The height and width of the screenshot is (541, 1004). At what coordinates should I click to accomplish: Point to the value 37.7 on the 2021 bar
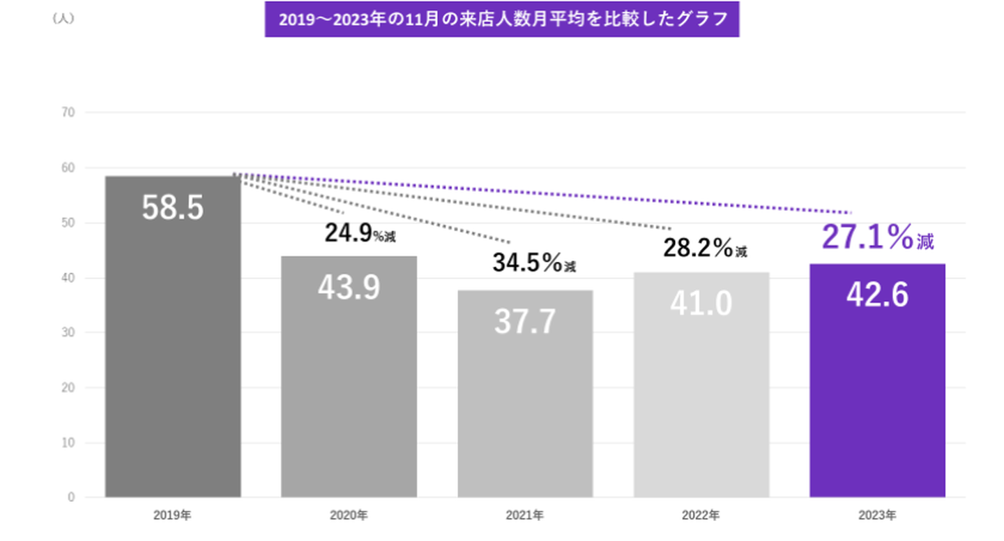(525, 321)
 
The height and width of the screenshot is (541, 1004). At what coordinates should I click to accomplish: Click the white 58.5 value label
(173, 207)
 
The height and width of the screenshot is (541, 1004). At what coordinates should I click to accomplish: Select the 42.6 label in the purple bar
(877, 295)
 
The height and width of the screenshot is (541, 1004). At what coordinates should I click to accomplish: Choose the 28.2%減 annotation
(705, 247)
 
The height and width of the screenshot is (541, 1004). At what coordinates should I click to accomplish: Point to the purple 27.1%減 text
(877, 237)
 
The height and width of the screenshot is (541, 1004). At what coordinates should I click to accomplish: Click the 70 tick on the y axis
(70, 112)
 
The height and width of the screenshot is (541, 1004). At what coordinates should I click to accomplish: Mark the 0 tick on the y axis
(72, 498)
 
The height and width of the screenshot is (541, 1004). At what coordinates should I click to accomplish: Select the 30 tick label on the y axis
(70, 333)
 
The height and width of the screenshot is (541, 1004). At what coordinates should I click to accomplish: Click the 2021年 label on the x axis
(525, 516)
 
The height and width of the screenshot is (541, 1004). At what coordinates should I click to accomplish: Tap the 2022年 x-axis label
(701, 516)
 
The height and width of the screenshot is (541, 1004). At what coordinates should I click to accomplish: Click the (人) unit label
(63, 19)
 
